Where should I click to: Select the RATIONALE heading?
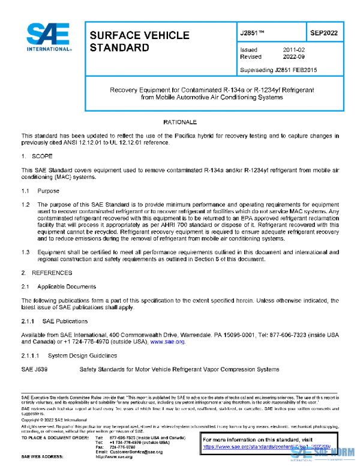click(x=180, y=122)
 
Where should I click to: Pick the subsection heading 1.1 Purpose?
click(x=41, y=191)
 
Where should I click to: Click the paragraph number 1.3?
click(x=26, y=253)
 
